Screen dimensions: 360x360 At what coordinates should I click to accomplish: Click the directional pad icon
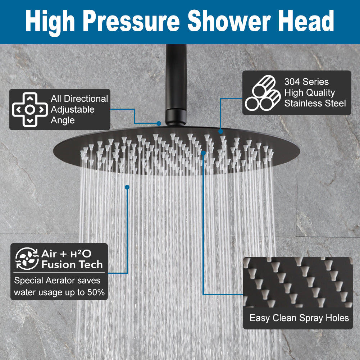pyautogui.click(x=30, y=110)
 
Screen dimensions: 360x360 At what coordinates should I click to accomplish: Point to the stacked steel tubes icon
pyautogui.click(x=263, y=92)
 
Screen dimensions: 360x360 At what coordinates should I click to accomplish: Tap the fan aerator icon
pyautogui.click(x=26, y=259)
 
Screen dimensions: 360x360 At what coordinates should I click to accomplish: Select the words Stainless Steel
pyautogui.click(x=315, y=104)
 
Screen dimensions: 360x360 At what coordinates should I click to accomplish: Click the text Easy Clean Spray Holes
pyautogui.click(x=299, y=318)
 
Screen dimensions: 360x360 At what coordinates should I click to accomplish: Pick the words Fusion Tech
pyautogui.click(x=72, y=265)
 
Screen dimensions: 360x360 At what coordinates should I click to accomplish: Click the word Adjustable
pyautogui.click(x=73, y=109)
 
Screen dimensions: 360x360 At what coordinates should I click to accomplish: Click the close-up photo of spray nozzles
pyautogui.click(x=298, y=282)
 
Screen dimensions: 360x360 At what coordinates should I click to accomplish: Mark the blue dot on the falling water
pyautogui.click(x=127, y=187)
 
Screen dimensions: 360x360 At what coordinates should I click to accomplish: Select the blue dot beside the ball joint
pyautogui.click(x=159, y=123)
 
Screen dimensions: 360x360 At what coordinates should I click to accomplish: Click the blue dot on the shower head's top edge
pyautogui.click(x=220, y=132)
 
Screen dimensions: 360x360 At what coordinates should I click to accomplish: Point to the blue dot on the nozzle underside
pyautogui.click(x=204, y=153)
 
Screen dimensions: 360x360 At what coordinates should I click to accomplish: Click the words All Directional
pyautogui.click(x=79, y=99)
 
